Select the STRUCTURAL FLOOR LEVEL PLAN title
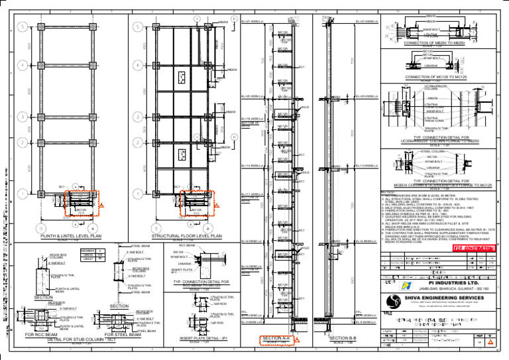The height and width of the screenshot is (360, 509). (x=186, y=235)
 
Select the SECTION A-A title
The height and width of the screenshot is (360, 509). (x=276, y=339)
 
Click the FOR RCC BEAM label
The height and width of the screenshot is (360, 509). (x=39, y=335)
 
